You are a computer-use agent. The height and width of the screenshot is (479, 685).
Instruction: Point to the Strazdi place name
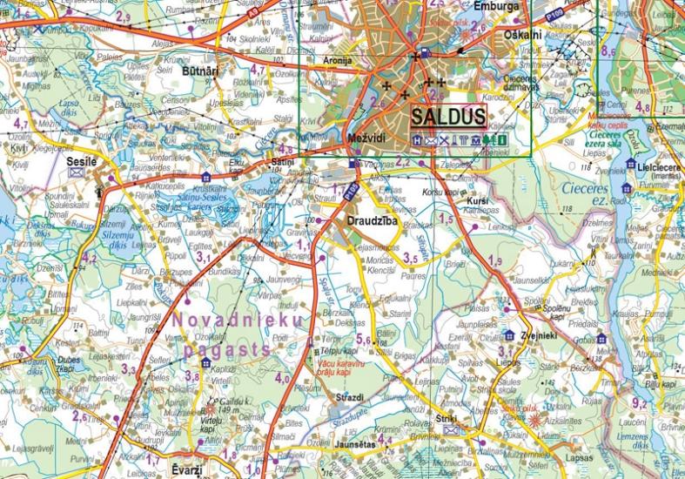point(349,397)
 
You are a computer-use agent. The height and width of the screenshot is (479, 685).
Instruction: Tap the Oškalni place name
point(522,35)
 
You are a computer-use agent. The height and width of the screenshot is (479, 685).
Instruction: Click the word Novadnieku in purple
point(239,320)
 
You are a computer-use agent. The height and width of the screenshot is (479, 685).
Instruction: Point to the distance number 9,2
point(639,401)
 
